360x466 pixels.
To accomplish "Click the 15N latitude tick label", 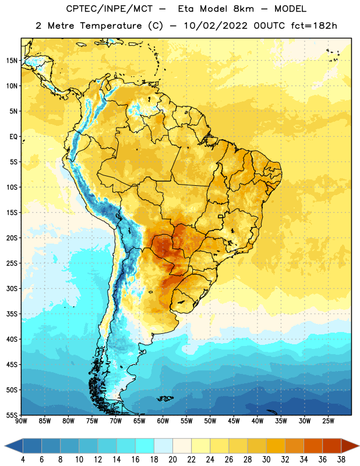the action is click(x=12, y=61).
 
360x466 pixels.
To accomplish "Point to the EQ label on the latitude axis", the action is click(x=13, y=137).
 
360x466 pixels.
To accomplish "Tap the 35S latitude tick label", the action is click(x=12, y=314).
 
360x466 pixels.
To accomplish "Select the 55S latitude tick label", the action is click(x=12, y=415).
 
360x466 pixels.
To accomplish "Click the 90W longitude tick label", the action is click(x=21, y=421).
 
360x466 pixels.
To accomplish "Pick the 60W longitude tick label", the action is click(x=163, y=421).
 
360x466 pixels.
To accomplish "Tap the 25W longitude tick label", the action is click(x=329, y=421).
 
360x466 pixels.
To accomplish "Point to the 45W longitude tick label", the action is click(x=234, y=421).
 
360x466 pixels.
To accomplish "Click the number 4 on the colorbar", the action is click(x=23, y=460).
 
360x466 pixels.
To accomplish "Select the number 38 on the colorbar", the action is click(x=341, y=460).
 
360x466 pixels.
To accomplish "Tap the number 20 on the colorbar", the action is click(x=172, y=460).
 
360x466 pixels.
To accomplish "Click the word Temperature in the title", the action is click(x=111, y=26).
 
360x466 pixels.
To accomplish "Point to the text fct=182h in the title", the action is click(x=314, y=26).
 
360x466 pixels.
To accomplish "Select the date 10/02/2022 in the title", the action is click(x=216, y=26).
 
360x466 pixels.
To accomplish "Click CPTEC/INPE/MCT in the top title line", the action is click(x=110, y=9).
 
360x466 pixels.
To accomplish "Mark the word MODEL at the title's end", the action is click(x=291, y=9).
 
